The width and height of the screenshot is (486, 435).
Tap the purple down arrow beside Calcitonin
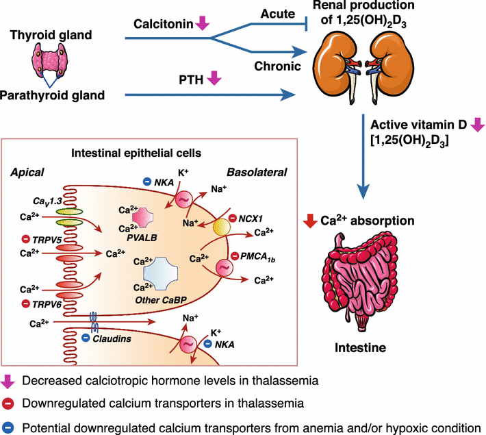[203, 25]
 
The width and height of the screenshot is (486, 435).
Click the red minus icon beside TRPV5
[25, 240]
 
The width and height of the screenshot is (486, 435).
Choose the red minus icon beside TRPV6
[25, 303]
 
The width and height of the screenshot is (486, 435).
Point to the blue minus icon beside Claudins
[85, 337]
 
